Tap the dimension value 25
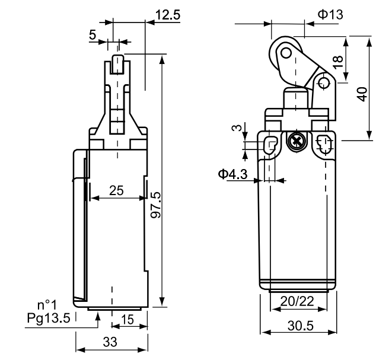(116, 190)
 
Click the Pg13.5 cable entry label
(49, 318)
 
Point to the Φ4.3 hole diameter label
(231, 174)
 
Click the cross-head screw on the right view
(294, 142)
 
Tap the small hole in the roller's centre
(287, 55)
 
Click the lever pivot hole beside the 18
(324, 82)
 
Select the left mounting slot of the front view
(271, 145)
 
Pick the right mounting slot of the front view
(323, 144)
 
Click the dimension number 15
(126, 319)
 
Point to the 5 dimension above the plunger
(93, 35)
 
